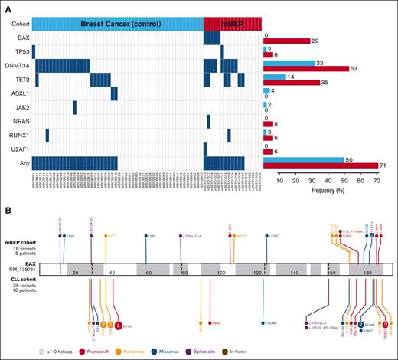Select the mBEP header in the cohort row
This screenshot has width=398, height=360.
pyautogui.click(x=232, y=23)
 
